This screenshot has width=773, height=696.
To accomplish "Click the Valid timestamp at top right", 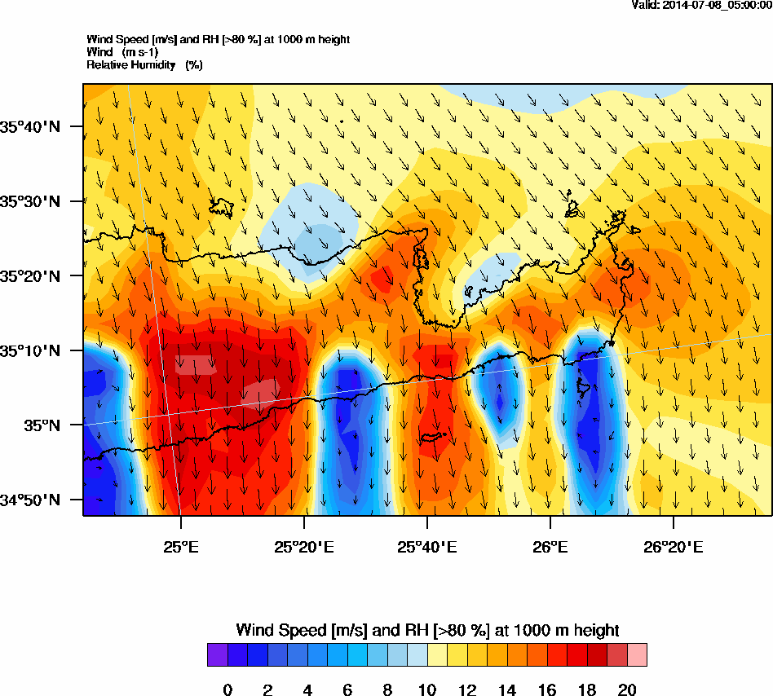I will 702,6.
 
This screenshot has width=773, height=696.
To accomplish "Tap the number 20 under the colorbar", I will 627,690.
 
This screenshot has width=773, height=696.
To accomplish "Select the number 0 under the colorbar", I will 227,690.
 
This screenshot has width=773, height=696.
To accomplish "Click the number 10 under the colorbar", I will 427,690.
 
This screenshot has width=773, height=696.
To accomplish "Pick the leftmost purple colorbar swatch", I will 217,655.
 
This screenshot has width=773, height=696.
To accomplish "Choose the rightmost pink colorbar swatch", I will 637,655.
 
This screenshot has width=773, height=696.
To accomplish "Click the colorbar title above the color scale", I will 427,630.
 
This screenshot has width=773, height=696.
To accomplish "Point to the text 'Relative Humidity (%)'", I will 144,64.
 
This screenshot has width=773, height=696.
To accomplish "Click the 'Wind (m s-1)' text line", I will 123,52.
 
